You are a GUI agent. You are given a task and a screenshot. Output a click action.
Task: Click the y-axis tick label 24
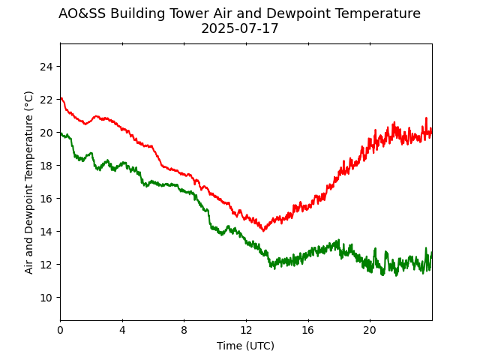[x=46, y=67]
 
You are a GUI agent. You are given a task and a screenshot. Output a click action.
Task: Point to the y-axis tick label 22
[x=46, y=100]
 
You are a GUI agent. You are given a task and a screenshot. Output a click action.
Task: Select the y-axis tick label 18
[x=46, y=166]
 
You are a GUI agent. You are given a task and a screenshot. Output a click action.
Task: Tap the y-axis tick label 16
[x=46, y=199]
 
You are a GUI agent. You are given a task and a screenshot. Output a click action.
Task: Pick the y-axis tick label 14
[x=46, y=232]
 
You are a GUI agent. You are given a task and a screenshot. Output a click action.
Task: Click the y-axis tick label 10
[x=46, y=298]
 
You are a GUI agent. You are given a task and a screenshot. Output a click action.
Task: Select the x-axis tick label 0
[x=61, y=331]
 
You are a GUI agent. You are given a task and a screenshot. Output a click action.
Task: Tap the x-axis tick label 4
[x=122, y=331]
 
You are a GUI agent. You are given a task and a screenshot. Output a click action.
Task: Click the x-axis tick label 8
[x=184, y=331]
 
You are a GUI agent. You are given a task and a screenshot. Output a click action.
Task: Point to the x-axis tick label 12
[x=246, y=331]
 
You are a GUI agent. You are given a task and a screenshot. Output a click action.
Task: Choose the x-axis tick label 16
[x=308, y=331]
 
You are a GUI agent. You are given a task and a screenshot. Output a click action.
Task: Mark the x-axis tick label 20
[x=370, y=331]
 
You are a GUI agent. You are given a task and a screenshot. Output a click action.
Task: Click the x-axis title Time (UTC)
[x=246, y=346]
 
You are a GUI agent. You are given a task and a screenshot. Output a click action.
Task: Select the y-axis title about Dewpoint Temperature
[x=29, y=182]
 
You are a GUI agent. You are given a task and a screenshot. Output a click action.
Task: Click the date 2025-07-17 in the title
[x=239, y=29]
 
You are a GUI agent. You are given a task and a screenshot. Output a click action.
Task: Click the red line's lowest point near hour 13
[x=263, y=230]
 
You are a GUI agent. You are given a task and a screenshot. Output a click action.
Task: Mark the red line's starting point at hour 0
[x=61, y=98]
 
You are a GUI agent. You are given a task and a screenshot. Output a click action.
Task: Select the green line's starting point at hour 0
[x=61, y=133]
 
